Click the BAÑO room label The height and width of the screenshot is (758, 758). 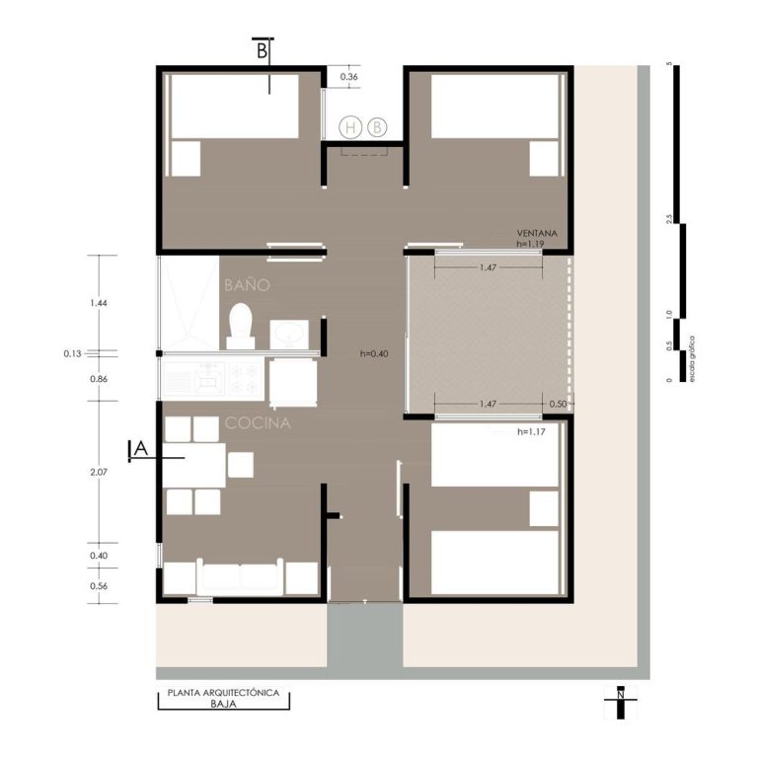click(x=247, y=284)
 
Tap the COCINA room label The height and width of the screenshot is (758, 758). click(x=258, y=423)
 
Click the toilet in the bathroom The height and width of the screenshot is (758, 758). click(x=241, y=326)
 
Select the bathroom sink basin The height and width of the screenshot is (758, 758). click(x=289, y=334)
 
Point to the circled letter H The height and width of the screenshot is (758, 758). click(x=350, y=127)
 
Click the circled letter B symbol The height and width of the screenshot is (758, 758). click(x=377, y=127)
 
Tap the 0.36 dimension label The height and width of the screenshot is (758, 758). click(x=349, y=76)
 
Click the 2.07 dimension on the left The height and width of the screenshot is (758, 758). click(x=99, y=472)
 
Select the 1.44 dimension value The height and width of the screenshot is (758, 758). click(x=99, y=303)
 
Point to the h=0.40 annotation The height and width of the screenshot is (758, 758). click(x=374, y=354)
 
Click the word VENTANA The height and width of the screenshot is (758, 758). click(x=537, y=233)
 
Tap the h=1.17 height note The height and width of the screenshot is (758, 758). click(x=531, y=431)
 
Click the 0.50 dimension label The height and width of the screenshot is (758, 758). click(x=558, y=404)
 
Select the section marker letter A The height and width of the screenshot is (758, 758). click(x=141, y=449)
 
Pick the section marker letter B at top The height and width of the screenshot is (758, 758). click(x=262, y=50)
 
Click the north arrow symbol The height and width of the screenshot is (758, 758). click(x=621, y=702)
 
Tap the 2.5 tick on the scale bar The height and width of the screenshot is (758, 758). click(x=669, y=218)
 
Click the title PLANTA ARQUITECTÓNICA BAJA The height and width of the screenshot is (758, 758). click(x=223, y=698)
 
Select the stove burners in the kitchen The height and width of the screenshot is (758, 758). click(x=245, y=379)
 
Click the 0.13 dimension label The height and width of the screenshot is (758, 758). click(x=72, y=353)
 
